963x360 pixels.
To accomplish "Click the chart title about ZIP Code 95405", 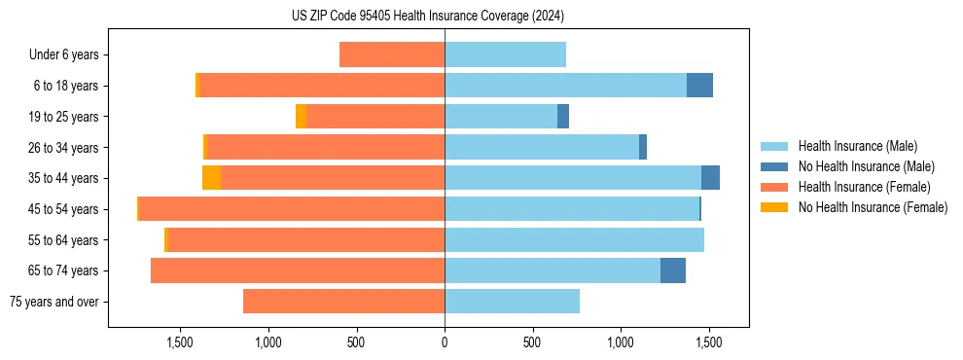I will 428,16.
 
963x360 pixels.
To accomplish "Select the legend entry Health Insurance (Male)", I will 857,146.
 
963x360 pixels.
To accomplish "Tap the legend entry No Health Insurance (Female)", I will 873,207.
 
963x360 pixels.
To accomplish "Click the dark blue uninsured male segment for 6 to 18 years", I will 699,86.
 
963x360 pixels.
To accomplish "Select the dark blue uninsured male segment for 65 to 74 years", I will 673,270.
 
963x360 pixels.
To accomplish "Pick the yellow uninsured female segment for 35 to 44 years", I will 211,178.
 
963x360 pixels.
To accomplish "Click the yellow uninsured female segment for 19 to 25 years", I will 301,117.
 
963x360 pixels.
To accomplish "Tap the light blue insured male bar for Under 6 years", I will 505,55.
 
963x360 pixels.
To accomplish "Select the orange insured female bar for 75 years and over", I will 343,302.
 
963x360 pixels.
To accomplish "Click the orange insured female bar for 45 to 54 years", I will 292,209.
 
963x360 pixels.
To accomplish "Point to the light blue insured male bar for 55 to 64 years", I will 574,240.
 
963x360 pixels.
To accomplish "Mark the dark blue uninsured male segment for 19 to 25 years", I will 563,117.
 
